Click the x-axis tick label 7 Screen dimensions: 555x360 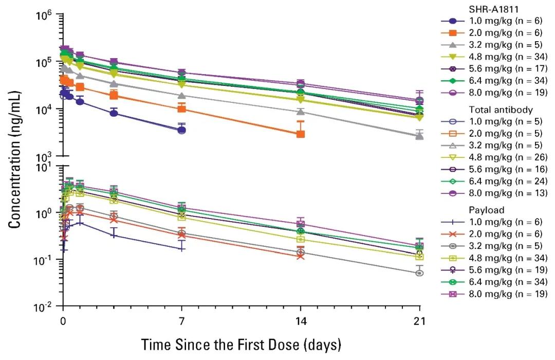pos(181,321)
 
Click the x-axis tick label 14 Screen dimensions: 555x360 pos(301,321)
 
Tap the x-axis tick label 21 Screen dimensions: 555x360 pos(419,321)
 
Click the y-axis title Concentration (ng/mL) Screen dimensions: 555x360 pos(14,159)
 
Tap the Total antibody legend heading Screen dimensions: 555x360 pos(501,110)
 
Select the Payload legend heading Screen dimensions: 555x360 pos(486,210)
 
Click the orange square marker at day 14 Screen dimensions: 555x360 pos(301,134)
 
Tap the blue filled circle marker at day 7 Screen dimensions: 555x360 pos(181,130)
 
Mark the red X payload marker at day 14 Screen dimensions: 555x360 pos(301,256)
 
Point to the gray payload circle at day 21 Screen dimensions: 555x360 pos(419,273)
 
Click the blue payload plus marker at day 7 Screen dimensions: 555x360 pos(181,249)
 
